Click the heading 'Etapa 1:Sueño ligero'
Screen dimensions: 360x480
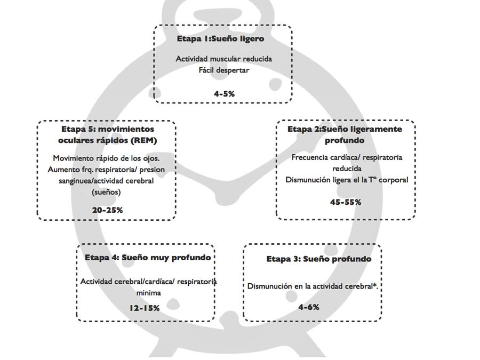[220, 39]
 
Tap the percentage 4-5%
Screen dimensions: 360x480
[224, 93]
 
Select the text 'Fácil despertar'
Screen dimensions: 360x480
[223, 69]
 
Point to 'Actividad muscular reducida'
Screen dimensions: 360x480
[223, 59]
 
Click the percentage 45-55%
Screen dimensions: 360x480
[346, 202]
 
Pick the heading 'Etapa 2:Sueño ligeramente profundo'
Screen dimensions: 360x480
[345, 135]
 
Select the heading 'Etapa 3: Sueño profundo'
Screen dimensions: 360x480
[319, 259]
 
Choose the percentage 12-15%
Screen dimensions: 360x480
[144, 308]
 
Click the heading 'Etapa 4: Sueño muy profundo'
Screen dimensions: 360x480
[148, 257]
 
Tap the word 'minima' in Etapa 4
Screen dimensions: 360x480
[148, 293]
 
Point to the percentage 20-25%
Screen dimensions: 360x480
[107, 210]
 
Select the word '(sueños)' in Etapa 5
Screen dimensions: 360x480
[107, 191]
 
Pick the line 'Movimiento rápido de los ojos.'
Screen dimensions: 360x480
[107, 158]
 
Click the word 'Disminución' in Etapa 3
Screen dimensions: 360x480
[269, 286]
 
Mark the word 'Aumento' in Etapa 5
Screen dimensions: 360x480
[64, 170]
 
